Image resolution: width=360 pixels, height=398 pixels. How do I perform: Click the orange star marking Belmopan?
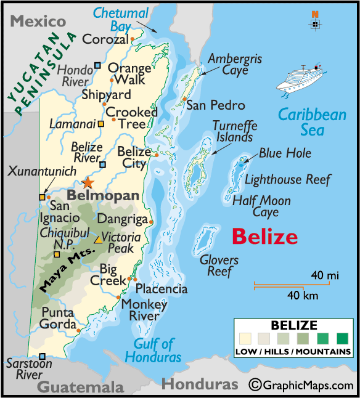tap(88, 183)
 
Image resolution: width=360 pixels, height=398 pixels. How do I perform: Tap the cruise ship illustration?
tap(304, 79)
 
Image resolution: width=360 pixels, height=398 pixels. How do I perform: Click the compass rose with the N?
tap(315, 23)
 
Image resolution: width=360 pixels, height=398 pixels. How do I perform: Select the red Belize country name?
tap(264, 237)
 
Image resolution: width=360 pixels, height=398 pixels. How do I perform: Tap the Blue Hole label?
tap(285, 153)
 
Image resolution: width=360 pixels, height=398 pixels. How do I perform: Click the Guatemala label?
tap(80, 387)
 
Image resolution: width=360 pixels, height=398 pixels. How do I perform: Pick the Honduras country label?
tap(200, 384)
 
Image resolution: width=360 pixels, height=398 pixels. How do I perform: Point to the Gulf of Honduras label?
tap(153, 350)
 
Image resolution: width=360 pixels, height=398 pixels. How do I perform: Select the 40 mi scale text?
tap(324, 275)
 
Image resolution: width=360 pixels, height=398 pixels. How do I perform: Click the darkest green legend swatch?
tap(342, 338)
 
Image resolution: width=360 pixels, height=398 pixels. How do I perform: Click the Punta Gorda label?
tap(59, 319)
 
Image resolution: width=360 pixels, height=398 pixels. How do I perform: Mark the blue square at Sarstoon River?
tap(42, 356)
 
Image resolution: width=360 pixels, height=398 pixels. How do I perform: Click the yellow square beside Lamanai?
tap(100, 123)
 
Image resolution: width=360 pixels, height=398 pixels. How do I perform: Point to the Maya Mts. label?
tap(67, 269)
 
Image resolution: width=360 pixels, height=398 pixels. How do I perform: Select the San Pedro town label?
tap(215, 105)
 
